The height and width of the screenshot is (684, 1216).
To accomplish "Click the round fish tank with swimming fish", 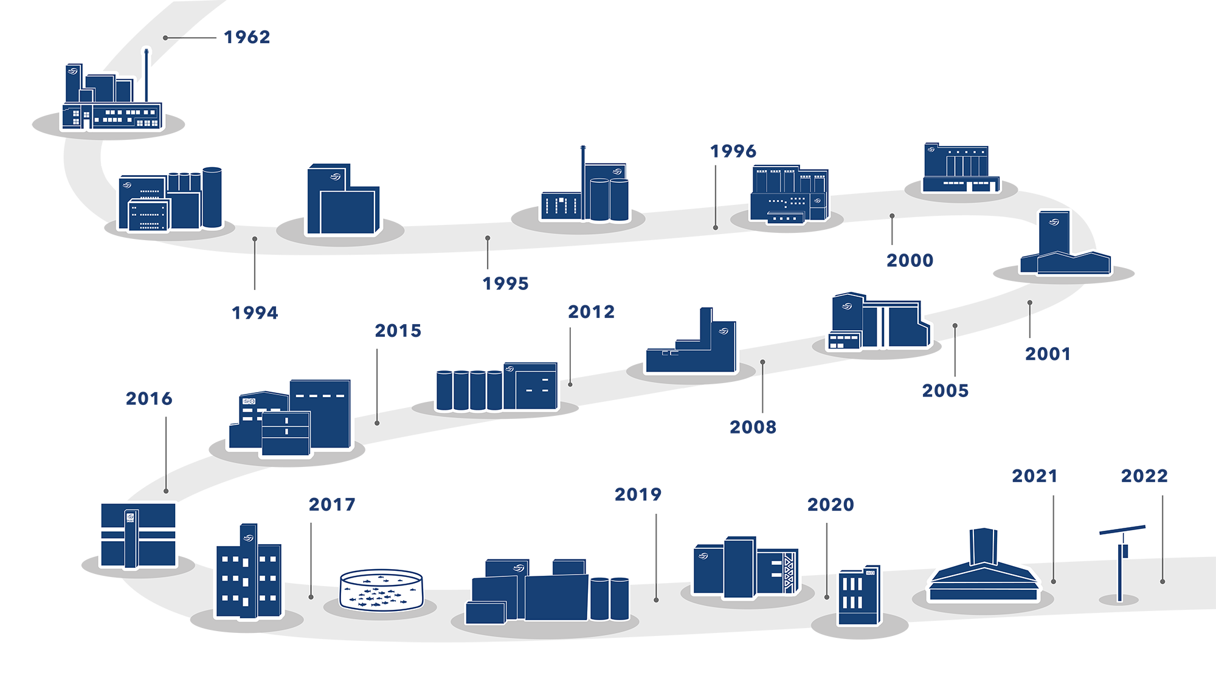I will coord(381,589).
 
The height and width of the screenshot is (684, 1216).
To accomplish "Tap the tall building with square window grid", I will coord(249,572).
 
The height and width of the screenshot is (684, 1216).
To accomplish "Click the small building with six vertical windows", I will coord(858,596).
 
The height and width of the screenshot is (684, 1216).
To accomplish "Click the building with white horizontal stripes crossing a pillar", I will coord(138,536).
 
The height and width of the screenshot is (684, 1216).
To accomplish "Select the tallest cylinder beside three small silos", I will coord(212,197).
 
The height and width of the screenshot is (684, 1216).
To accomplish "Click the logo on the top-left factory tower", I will coord(73,71).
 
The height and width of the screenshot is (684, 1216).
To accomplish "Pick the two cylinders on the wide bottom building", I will coord(609,598).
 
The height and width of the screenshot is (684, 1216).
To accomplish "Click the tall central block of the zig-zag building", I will coord(739,567).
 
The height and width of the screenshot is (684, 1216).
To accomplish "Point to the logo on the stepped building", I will coord(723,331).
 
